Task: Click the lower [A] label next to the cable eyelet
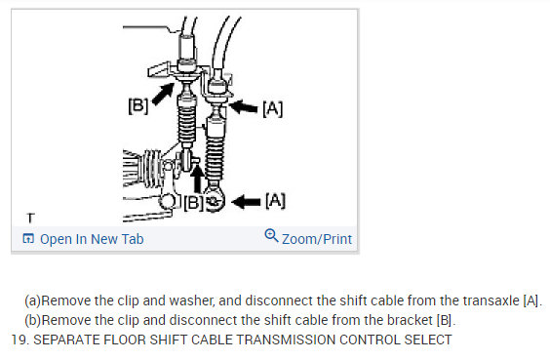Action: point(275,200)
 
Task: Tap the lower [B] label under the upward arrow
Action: point(195,203)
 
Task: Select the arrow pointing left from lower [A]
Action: point(248,201)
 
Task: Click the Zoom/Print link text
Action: point(317,239)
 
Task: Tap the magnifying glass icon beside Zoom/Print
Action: point(271,237)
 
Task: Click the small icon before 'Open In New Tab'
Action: point(28,239)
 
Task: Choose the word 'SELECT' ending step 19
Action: point(427,340)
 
